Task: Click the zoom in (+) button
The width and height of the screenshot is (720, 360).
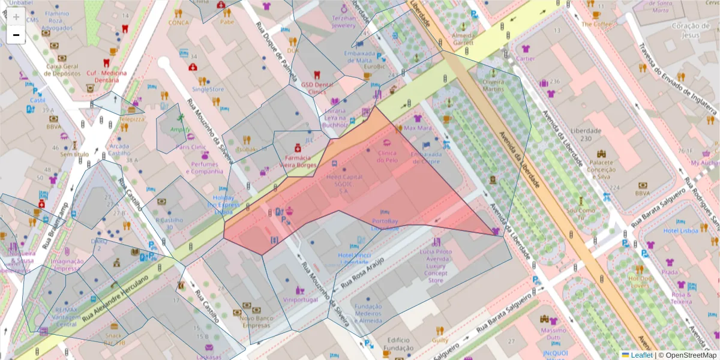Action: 16,17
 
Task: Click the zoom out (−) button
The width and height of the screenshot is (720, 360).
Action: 16,35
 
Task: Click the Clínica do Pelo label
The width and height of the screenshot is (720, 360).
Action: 387,157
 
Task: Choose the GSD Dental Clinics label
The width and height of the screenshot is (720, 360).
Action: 317,88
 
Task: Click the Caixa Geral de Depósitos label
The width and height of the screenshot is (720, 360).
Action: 63,70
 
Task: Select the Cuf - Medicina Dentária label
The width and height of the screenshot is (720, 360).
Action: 107,76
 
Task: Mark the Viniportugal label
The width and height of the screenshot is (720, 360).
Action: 300,299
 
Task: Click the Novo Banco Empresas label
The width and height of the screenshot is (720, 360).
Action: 257,322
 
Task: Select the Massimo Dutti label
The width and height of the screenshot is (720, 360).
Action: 553,334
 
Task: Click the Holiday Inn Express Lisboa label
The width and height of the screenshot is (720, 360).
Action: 223,205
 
